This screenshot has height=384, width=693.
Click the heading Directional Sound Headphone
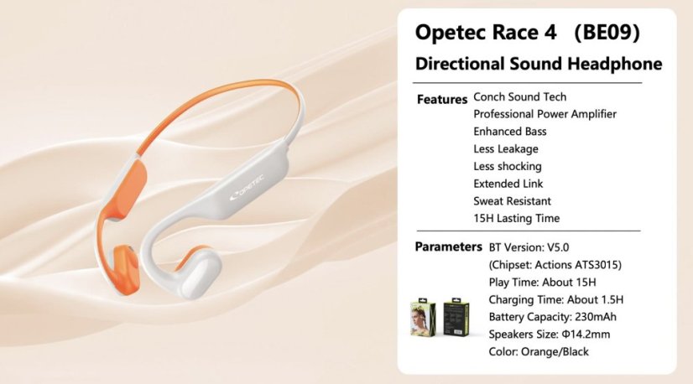[x=539, y=64]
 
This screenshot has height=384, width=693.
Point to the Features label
[x=441, y=99]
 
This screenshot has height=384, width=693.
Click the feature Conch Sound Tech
[x=519, y=97]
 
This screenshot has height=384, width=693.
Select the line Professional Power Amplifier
[x=544, y=114]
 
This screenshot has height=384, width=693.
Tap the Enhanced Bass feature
[x=509, y=132]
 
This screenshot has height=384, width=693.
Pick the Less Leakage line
[x=505, y=149]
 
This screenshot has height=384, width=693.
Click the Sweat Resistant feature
[x=512, y=201]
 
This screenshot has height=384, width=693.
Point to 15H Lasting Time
[x=516, y=219]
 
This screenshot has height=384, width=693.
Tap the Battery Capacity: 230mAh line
[x=553, y=317]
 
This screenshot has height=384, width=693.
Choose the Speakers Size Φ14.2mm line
[x=548, y=334]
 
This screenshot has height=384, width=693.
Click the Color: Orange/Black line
[x=539, y=351]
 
